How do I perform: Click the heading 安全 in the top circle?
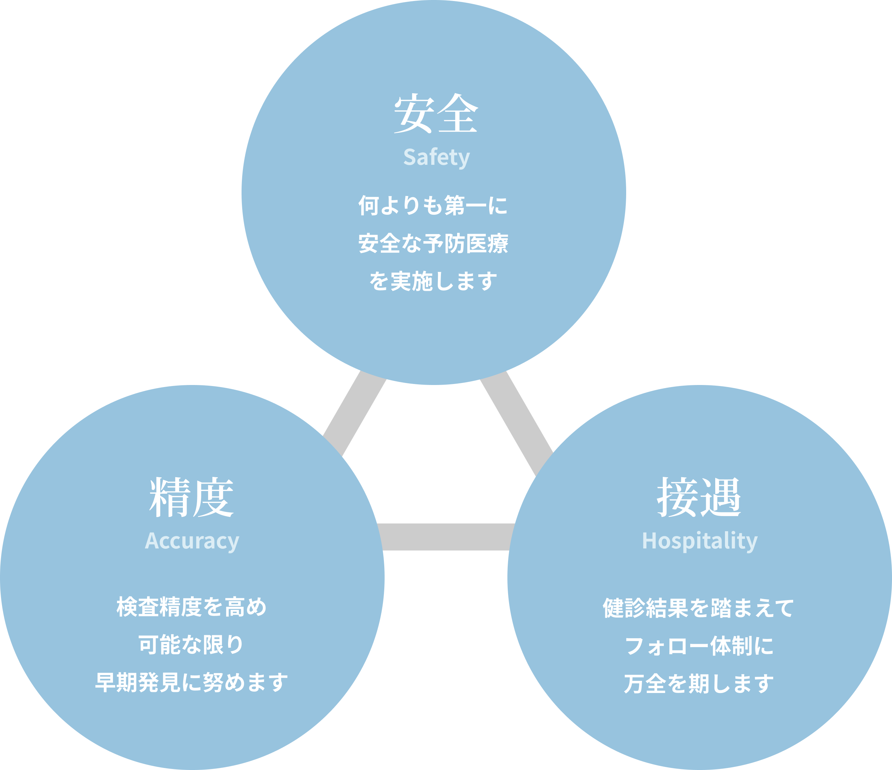coord(436,114)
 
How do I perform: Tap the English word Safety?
coord(436,157)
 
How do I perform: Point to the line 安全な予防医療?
coord(433,243)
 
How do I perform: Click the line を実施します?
coord(433,281)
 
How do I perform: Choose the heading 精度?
coord(192,498)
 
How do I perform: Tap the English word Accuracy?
coord(192,541)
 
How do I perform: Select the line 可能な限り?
coord(192,645)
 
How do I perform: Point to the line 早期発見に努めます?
coord(192,683)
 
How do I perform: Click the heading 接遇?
coord(699,498)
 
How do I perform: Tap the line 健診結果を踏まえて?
coord(698,608)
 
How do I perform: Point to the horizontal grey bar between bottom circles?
coord(446,537)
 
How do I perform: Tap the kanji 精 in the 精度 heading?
coord(170,498)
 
